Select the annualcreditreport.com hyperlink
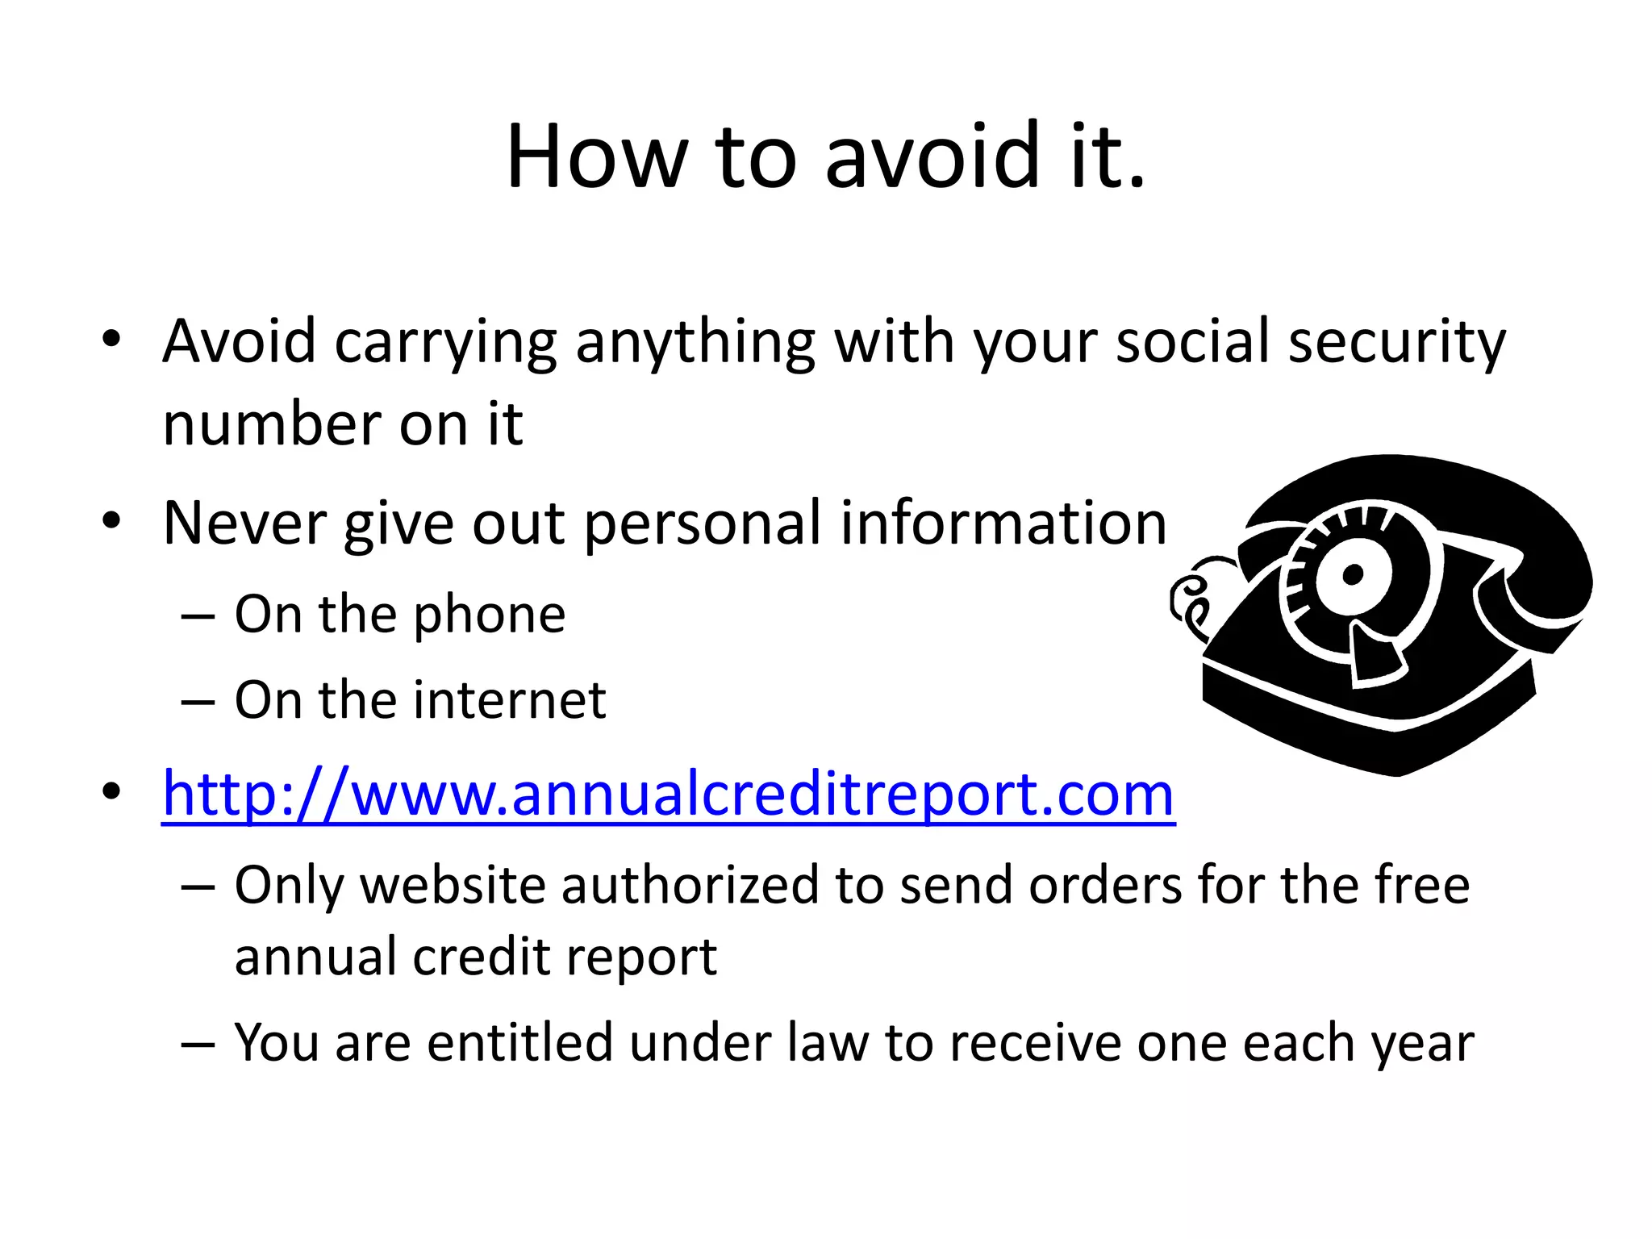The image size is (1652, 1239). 668,795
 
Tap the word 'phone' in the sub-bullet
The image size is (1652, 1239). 490,615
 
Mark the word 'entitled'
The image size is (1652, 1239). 519,1042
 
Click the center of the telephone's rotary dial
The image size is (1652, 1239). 1353,574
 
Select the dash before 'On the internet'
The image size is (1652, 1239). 198,700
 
